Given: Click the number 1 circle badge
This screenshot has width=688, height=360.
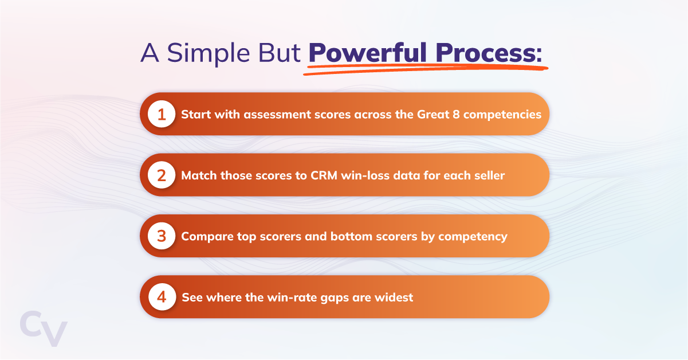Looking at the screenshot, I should point(162,114).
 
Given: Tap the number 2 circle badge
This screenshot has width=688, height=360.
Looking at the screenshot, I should point(162,175).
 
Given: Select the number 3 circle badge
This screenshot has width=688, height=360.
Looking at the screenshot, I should point(162,236).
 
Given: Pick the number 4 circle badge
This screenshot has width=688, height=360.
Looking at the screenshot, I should point(162,297).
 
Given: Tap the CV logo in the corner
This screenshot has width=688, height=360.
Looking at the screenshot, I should point(44,328).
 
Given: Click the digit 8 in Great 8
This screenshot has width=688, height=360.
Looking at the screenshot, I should point(455,114).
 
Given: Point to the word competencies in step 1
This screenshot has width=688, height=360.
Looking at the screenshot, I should point(502,115).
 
